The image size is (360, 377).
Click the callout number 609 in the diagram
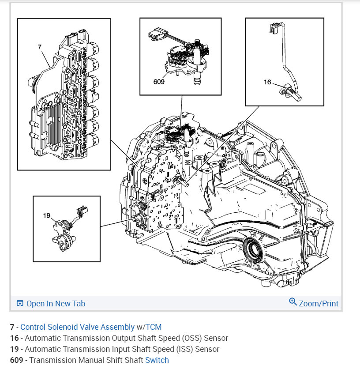159,81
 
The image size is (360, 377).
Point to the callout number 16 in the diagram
267,82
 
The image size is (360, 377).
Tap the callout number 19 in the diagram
47,215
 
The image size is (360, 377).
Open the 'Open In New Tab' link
56,303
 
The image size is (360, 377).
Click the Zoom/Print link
319,303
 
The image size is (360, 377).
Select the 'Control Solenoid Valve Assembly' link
77,327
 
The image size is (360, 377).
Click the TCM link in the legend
154,327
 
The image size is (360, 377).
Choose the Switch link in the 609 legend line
157,360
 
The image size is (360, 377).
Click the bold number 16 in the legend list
14,338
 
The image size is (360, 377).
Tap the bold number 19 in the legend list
14,349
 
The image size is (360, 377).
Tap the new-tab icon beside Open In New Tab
20,303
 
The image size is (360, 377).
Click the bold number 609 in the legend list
16,360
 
